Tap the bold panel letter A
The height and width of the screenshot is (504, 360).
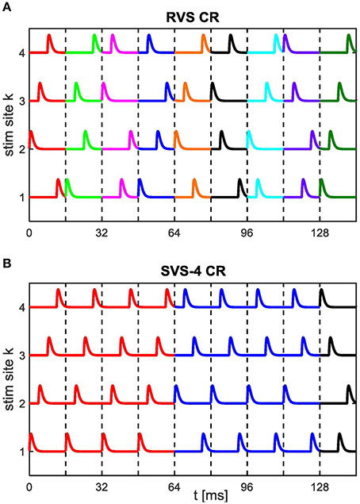click(x=6, y=6)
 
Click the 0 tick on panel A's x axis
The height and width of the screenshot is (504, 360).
click(x=29, y=233)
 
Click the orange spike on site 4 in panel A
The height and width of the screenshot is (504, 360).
click(x=204, y=41)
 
